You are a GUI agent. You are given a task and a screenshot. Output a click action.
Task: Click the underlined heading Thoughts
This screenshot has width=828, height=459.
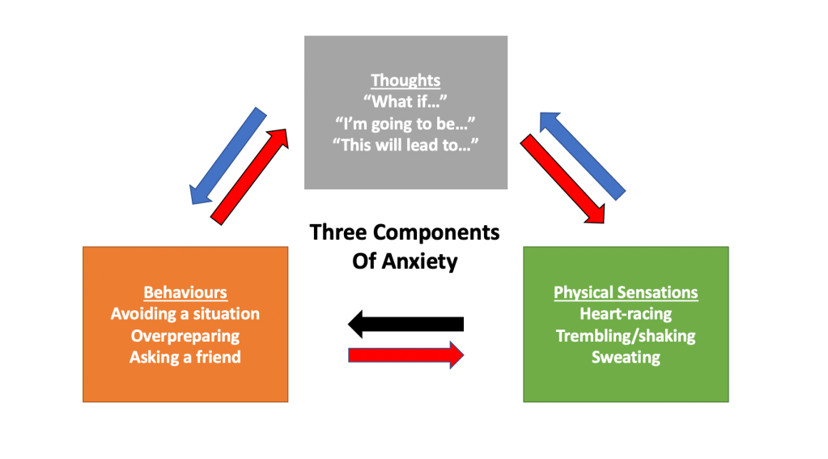(x=406, y=80)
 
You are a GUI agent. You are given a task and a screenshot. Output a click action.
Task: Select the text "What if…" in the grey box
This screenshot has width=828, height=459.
(x=406, y=102)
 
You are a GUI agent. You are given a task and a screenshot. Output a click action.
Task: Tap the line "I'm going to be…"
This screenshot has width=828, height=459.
(x=406, y=123)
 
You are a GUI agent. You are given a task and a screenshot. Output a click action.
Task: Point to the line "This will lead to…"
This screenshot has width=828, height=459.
(x=406, y=145)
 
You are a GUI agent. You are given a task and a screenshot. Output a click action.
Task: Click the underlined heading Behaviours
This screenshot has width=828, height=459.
(x=185, y=292)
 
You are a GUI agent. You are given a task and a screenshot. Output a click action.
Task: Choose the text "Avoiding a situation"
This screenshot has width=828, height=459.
(x=185, y=313)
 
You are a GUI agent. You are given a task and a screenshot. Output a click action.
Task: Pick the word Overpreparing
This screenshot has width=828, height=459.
(x=185, y=335)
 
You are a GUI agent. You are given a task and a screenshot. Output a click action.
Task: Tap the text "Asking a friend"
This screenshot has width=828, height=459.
(x=185, y=356)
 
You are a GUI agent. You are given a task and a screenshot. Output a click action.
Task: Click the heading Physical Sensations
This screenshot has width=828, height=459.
(x=626, y=292)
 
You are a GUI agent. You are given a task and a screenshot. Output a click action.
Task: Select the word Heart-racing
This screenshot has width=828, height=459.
(x=626, y=313)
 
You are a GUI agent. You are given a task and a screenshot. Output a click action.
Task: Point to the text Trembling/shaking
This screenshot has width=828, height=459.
(x=626, y=335)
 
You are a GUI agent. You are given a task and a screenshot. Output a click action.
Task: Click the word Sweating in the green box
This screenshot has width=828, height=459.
(x=626, y=356)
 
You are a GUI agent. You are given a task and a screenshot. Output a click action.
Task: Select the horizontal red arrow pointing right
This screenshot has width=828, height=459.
(x=406, y=355)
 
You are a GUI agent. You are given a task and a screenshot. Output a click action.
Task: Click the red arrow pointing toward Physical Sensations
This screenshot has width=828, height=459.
(x=562, y=179)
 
